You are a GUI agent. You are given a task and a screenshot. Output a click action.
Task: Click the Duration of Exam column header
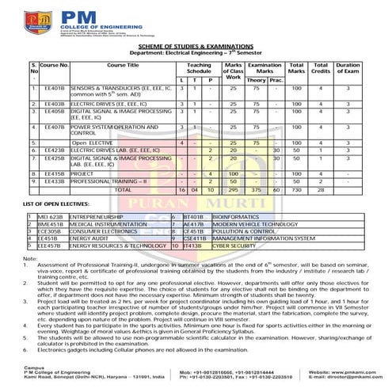click(x=348, y=68)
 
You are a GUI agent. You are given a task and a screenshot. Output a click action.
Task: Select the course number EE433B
click(x=55, y=181)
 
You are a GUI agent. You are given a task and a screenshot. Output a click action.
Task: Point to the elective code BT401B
click(x=193, y=215)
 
